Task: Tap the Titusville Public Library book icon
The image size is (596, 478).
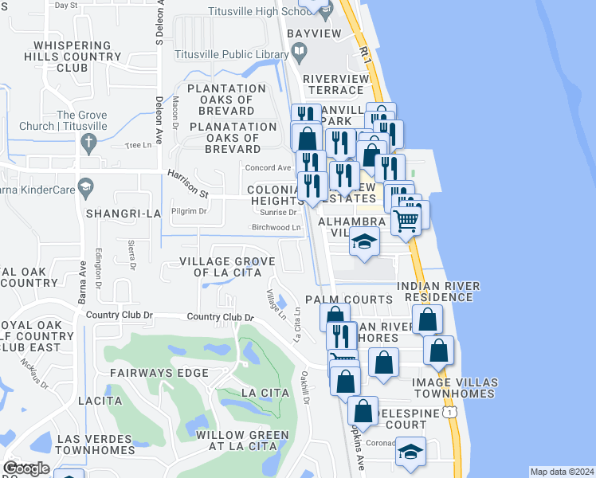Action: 300,54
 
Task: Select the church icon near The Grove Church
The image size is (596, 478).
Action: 88,143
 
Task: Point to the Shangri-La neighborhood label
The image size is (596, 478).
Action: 124,214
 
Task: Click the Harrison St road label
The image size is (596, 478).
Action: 187,183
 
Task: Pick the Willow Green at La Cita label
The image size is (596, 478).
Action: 242,441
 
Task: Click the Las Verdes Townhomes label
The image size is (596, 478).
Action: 95,445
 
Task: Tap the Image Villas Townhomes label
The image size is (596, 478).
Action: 455,388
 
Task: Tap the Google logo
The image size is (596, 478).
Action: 25,468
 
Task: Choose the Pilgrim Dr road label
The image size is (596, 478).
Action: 191,211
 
